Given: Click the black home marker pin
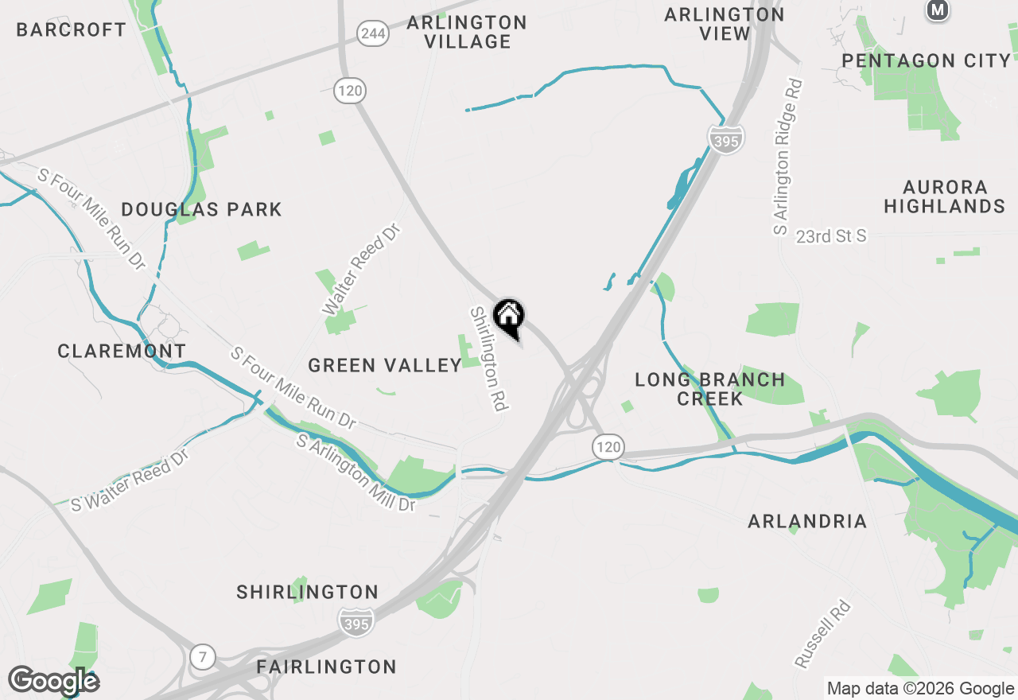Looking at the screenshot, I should coord(509,317).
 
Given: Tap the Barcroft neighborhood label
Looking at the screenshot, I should coord(72,30).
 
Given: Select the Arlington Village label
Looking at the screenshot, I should coord(467,32).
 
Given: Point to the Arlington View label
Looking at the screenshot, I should coord(725,24).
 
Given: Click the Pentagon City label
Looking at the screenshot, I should coord(927,60).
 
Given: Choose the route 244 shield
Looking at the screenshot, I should coord(373,33).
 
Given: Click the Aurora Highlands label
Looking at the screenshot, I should coord(945,196).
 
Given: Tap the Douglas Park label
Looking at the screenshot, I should coord(202,210).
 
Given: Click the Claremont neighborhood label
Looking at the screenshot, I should coord(122,351).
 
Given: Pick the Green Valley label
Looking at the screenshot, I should coord(385,365).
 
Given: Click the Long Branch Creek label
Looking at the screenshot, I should coord(710,389).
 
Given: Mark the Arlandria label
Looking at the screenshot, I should coord(807,522).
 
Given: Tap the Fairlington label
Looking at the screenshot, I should coord(327,667).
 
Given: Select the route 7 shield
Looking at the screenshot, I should coord(203,657).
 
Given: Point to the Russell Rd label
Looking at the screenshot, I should coord(822,634).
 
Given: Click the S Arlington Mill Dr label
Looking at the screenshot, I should coord(356,473).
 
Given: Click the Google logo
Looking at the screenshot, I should coord(53,681).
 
